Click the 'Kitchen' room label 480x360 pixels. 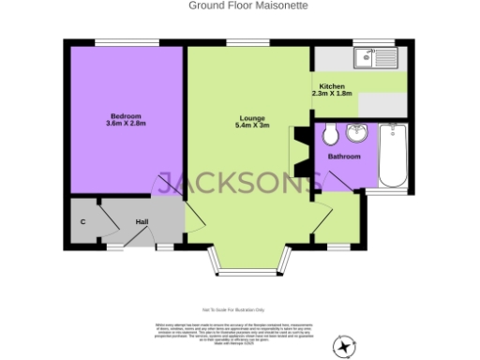coord(332,85)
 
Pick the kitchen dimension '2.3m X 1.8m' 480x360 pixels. coord(332,94)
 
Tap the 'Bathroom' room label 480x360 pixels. coord(343,157)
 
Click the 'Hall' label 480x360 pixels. coord(142,221)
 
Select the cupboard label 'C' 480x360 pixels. coord(83,221)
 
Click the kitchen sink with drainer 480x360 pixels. coord(377,59)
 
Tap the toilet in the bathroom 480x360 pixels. coord(330,137)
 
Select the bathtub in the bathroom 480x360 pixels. coord(392,156)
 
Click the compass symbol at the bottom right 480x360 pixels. coord(346,346)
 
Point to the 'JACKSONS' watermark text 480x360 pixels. coord(240,184)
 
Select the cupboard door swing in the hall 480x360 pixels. coord(106,219)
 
